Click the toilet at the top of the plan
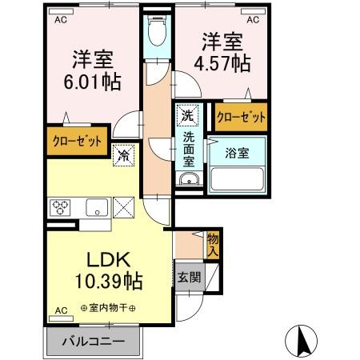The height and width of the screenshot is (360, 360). click(158, 34)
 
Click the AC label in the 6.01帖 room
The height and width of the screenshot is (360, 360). click(61, 22)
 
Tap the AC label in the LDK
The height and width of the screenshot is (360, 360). click(61, 310)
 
